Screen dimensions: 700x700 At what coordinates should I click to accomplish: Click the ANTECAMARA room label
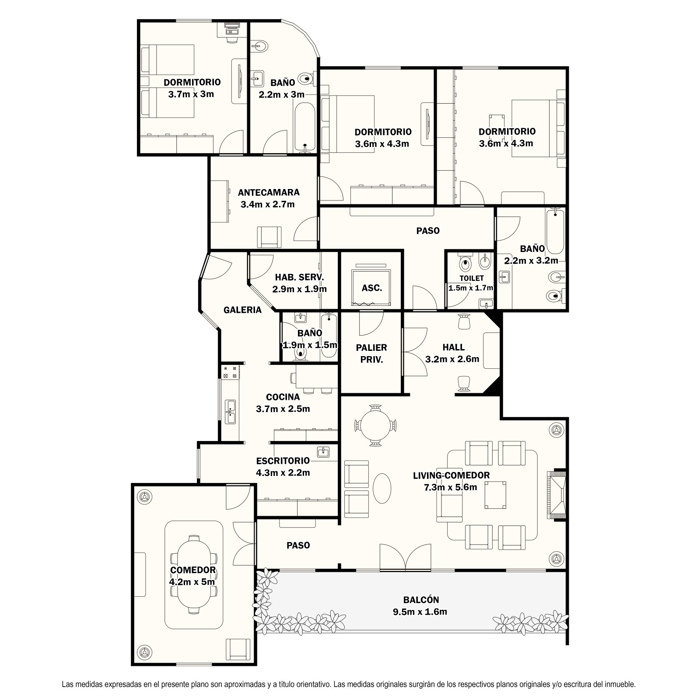[x=269, y=192]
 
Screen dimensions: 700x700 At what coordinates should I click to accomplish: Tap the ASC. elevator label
[x=372, y=288]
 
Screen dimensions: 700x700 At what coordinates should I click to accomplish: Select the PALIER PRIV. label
[x=371, y=353]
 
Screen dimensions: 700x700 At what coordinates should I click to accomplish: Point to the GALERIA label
[x=242, y=310]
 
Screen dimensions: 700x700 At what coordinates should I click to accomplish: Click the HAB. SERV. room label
[x=299, y=277]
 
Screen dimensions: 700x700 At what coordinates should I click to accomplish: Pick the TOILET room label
[x=472, y=278]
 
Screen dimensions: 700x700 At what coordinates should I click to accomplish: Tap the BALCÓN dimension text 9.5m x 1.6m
[x=420, y=612]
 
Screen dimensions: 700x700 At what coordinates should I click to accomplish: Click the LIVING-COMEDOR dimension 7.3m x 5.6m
[x=451, y=487]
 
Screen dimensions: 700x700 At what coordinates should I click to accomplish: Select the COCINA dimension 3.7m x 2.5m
[x=283, y=409]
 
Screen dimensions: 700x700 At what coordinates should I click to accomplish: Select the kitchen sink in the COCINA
[x=230, y=412]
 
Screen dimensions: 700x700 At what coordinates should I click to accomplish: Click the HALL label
[x=453, y=347]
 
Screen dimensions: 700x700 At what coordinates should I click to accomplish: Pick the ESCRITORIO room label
[x=283, y=461]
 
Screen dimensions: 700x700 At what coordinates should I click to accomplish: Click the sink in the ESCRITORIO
[x=324, y=452]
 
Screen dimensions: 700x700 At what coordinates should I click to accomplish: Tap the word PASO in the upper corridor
[x=428, y=231]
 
